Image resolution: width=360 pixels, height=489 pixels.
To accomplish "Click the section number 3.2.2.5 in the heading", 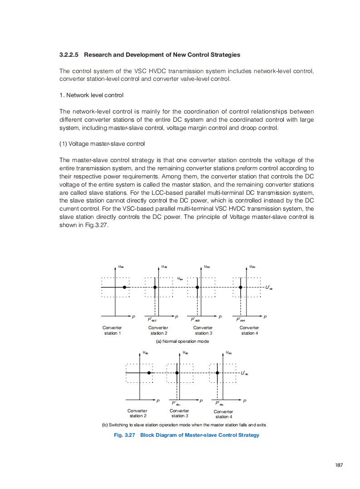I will (69, 55).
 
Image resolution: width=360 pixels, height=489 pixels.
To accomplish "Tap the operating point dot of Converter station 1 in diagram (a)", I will (124, 287).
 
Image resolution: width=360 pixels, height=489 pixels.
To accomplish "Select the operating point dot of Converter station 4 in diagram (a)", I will (240, 287).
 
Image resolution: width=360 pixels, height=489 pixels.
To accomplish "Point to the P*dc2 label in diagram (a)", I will (152, 320).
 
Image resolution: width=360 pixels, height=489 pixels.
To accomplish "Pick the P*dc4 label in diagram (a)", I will (241, 320).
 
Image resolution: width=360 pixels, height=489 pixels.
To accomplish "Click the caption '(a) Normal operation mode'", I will (182, 341).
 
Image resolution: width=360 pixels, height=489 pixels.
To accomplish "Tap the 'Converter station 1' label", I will (112, 331).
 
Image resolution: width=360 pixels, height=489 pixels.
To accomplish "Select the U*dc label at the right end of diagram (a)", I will (269, 287).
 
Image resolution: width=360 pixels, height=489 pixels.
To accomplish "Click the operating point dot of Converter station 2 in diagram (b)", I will (149, 373).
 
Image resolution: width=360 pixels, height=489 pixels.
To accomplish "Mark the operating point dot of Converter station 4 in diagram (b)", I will (217, 373).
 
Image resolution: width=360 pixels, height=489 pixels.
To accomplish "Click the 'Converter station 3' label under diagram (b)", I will (179, 413).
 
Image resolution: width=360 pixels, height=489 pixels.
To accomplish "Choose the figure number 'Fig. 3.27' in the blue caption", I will (124, 435).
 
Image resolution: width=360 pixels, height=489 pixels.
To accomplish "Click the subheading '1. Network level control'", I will (91, 95).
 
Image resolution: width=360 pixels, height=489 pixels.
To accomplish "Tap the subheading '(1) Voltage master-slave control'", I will (102, 144).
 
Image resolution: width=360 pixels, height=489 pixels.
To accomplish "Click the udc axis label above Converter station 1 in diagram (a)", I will (120, 267).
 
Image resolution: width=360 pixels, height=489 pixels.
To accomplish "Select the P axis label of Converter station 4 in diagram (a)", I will (265, 316).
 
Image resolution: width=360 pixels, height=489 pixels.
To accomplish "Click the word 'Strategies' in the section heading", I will (226, 55).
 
